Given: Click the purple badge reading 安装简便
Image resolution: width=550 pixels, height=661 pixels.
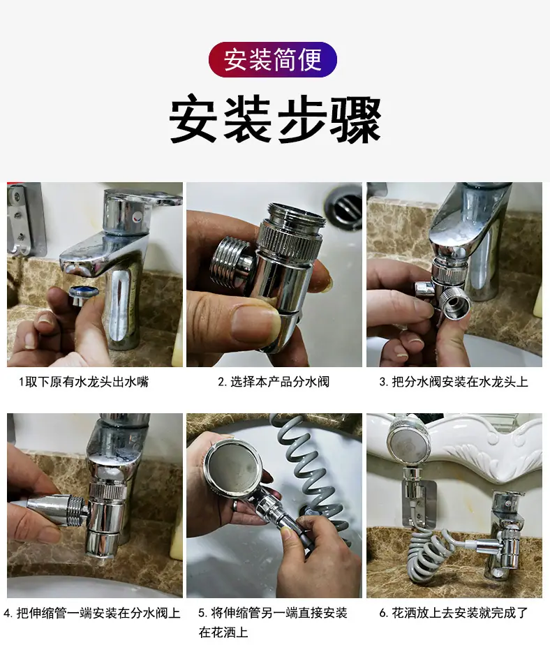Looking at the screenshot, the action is coord(273,59).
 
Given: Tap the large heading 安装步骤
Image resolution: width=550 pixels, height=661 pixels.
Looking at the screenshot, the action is coord(275,119).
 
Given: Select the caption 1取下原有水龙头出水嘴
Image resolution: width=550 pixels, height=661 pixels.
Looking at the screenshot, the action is coord(84,382).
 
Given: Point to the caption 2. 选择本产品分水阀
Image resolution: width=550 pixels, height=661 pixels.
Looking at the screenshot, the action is coord(274,382).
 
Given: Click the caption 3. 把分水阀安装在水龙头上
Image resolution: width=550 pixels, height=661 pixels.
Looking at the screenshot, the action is coord(454,382).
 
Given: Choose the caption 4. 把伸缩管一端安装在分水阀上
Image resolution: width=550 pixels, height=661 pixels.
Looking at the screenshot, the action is coord(92,613).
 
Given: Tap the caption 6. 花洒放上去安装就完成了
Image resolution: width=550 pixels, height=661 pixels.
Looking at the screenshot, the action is coord(454,613).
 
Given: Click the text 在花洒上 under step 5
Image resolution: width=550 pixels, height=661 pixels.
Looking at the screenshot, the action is coord(223,632).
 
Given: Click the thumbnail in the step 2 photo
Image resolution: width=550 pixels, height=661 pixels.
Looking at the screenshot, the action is coord(252,322).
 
